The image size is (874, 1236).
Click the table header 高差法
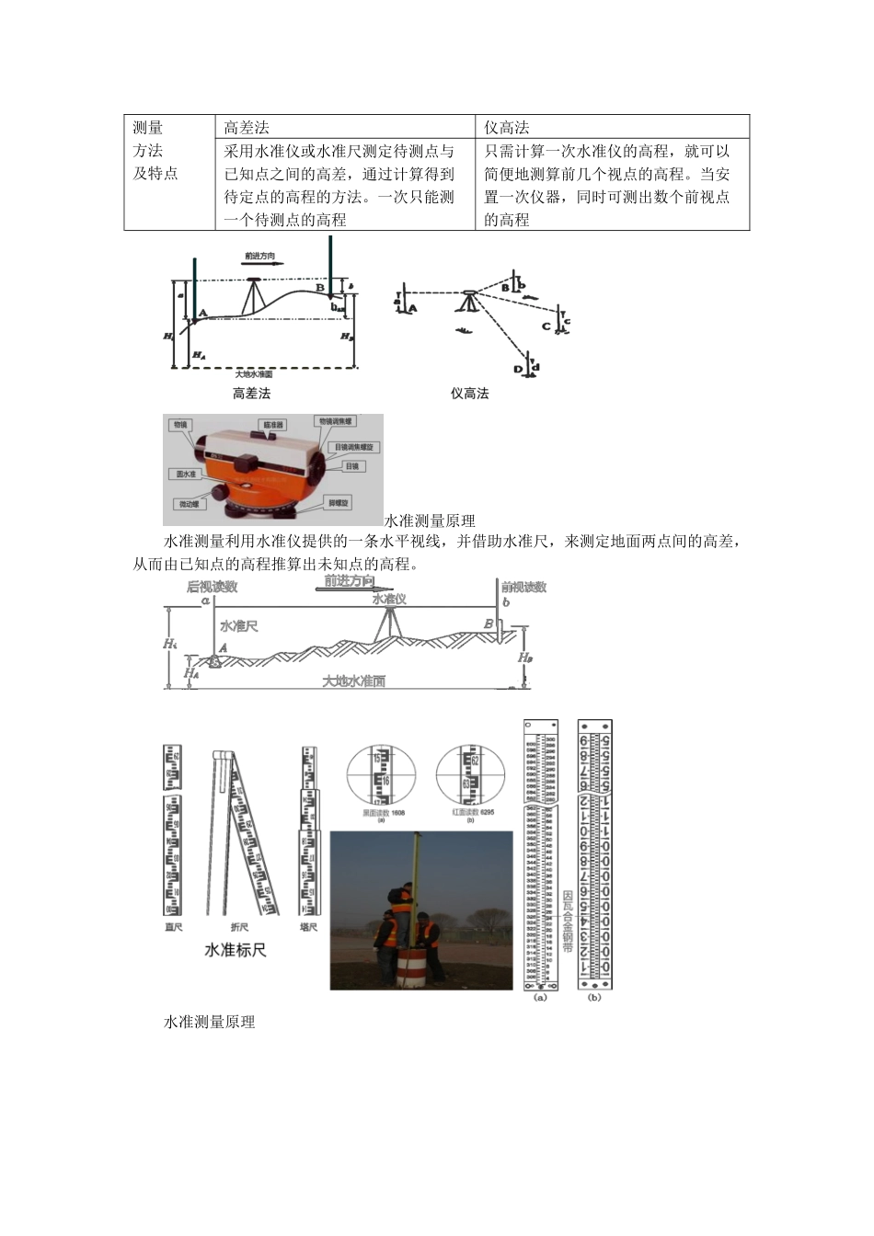tap(247, 127)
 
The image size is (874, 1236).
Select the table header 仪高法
tap(507, 127)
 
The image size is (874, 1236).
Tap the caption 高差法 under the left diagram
tap(251, 394)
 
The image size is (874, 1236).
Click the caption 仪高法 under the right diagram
tap(469, 394)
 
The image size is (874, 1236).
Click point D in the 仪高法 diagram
tap(519, 370)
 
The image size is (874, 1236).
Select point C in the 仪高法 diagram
tap(546, 326)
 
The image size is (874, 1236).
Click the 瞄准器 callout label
tap(273, 425)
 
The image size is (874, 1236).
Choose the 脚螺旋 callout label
tap(339, 503)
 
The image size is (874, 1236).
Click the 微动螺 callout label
tap(188, 504)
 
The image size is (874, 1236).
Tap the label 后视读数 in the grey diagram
tap(212, 587)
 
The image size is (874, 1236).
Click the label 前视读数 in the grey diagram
tap(523, 587)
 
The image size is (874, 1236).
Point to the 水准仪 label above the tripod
tap(389, 599)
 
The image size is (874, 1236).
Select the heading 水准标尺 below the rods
tap(236, 950)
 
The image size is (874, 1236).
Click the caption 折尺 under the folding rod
tap(238, 928)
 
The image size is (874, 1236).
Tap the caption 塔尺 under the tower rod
tap(308, 928)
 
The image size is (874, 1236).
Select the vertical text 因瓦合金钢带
tap(568, 920)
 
